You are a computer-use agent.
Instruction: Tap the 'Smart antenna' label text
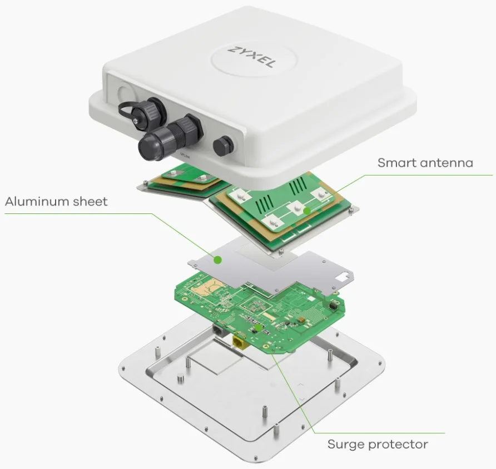[425, 163]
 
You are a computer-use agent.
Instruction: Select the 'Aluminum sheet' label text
[56, 201]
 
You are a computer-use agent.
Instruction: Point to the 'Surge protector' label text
[378, 444]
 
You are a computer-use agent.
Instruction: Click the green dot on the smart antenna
[306, 211]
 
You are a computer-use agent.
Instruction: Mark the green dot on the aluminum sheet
[217, 260]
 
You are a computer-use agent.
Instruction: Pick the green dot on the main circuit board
[259, 328]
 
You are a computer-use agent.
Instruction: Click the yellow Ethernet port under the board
[240, 343]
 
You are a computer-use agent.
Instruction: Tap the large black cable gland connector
[169, 137]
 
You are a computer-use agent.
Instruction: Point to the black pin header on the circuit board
[333, 305]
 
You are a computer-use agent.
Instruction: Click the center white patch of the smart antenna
[297, 208]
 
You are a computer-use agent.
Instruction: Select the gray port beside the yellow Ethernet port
[219, 330]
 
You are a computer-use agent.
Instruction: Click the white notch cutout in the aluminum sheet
[343, 277]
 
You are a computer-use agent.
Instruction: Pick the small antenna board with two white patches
[187, 176]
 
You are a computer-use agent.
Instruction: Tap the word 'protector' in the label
[399, 445]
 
